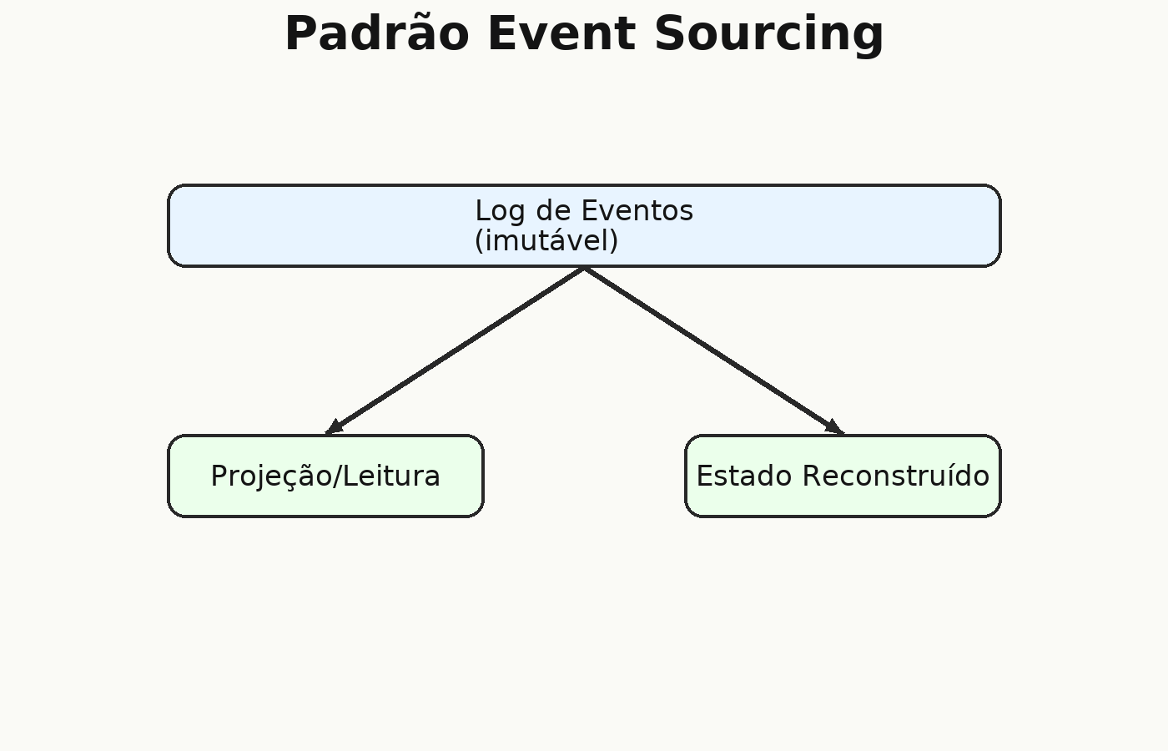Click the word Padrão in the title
coord(377,33)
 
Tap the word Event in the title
coord(561,33)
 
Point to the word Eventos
coord(637,210)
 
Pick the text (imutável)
coord(546,241)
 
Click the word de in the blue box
coord(553,210)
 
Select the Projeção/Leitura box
coord(326,476)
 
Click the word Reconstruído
coord(896,476)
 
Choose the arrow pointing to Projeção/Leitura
coord(455,350)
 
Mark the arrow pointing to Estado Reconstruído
coord(714,350)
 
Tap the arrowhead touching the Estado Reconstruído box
coord(836,427)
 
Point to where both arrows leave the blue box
coord(585,268)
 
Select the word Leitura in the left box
coord(391,476)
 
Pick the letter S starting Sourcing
coord(669,33)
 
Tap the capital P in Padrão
coord(300,33)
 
